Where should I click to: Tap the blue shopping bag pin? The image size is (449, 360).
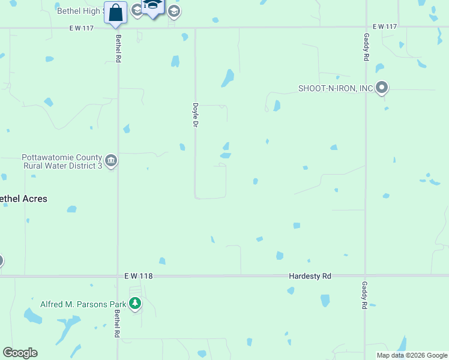(115, 13)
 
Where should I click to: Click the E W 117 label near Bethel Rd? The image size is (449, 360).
(82, 27)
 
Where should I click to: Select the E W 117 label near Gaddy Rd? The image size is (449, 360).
(385, 27)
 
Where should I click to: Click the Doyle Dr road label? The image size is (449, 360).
(195, 114)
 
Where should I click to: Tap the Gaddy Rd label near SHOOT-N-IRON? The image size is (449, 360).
(366, 47)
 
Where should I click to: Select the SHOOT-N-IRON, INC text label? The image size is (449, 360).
(336, 89)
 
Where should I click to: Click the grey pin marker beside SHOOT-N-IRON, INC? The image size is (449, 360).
(382, 88)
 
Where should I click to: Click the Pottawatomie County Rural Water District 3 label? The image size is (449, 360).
(61, 162)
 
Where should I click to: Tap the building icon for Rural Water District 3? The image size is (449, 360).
(111, 161)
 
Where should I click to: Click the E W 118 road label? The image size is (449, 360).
(137, 276)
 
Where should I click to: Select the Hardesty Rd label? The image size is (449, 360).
(310, 276)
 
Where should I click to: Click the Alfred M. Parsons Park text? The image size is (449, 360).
(83, 304)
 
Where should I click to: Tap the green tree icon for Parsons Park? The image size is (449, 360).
(136, 304)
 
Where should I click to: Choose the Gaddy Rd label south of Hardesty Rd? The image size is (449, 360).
(364, 295)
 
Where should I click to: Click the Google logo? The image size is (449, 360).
(20, 353)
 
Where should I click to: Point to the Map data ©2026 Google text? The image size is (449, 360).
(412, 355)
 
